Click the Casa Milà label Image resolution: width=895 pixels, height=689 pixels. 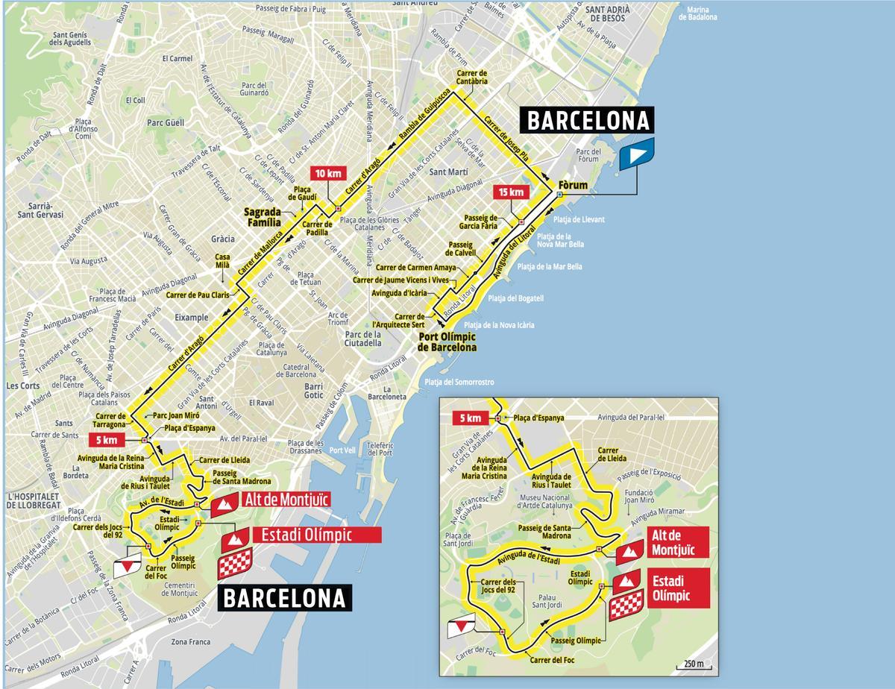coord(222,261)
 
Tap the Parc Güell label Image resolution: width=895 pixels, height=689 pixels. coord(165,122)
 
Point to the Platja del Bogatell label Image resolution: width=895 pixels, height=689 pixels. coord(516,298)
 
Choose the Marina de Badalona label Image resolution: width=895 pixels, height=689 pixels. coord(697,13)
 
